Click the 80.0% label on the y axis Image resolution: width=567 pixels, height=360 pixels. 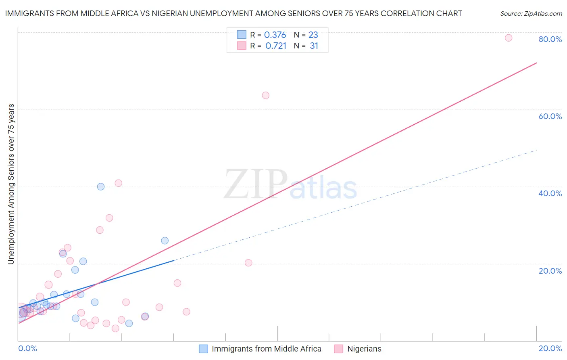point(550,39)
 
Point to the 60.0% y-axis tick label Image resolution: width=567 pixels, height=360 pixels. point(550,116)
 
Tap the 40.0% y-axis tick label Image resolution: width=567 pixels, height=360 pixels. point(550,193)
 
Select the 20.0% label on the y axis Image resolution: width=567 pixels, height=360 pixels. point(550,271)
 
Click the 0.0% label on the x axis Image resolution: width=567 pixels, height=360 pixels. point(27,348)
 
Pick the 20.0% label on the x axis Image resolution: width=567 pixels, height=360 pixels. point(550,348)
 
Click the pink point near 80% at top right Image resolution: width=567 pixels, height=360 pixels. point(509,38)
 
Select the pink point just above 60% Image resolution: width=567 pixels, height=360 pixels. point(265,95)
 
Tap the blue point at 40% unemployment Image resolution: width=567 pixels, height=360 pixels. point(101,186)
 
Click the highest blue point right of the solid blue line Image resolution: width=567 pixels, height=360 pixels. point(165,241)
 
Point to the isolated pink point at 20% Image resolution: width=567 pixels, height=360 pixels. point(248,263)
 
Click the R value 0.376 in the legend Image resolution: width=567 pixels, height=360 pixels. point(275,35)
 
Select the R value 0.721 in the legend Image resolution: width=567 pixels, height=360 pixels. point(276,46)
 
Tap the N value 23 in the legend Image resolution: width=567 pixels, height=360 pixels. point(313,35)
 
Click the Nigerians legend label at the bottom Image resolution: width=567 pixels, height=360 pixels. point(364,349)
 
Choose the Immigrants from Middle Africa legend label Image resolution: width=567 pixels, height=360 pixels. point(267,349)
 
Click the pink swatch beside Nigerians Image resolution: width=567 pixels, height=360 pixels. point(339,349)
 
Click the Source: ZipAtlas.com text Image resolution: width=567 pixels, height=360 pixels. point(531,14)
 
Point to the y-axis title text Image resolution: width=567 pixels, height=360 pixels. point(11,184)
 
